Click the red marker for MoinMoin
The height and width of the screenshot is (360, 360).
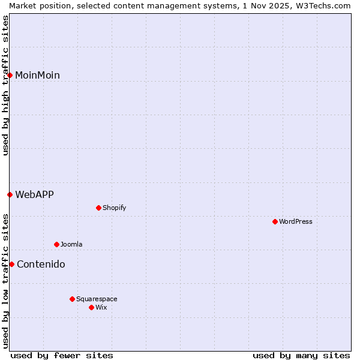[10, 75]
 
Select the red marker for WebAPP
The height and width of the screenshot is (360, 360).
[10, 194]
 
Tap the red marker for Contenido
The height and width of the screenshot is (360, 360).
[11, 264]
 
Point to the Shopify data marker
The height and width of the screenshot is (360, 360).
[98, 208]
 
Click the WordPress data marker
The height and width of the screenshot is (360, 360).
[275, 221]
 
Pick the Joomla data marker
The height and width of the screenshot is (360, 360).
[56, 244]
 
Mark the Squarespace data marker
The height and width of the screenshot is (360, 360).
[72, 299]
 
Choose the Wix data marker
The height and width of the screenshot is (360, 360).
[91, 307]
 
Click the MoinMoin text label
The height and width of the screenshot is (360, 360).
[37, 75]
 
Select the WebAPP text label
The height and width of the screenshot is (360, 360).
[34, 194]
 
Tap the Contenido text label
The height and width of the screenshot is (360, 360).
[41, 264]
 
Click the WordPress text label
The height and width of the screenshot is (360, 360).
[296, 221]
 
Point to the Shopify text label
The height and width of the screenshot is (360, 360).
[115, 208]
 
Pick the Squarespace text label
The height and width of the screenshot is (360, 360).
[97, 299]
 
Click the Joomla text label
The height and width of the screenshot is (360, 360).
[71, 244]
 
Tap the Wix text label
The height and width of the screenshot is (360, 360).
[101, 307]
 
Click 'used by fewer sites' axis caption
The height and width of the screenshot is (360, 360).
[62, 355]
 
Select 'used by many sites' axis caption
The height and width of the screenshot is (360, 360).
[301, 355]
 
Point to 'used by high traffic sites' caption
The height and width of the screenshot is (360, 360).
[5, 86]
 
